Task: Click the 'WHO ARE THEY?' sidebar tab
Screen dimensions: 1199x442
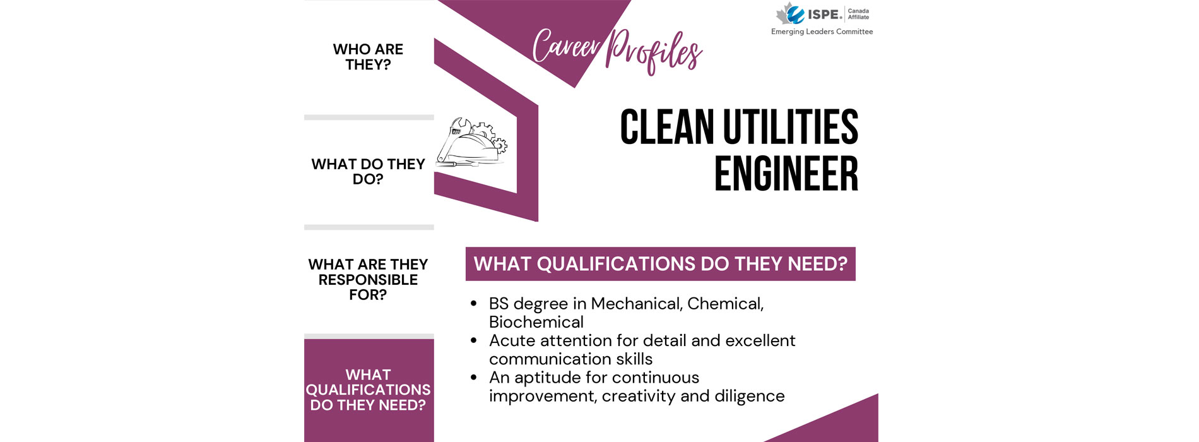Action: tap(368, 57)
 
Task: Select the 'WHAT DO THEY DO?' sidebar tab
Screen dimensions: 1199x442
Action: tap(368, 172)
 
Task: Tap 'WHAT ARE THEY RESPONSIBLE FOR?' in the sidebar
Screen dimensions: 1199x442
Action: tap(368, 280)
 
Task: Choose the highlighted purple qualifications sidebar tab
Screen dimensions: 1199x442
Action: tap(369, 390)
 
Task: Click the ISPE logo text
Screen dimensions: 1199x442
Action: tap(825, 15)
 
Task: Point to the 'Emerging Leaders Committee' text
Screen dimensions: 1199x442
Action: tap(822, 32)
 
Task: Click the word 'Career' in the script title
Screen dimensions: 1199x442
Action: tap(566, 46)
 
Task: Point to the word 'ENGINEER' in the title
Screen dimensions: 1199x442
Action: tap(786, 174)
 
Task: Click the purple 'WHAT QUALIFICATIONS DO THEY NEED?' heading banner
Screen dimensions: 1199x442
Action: tap(660, 264)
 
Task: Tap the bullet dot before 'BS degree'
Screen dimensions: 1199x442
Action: tap(473, 304)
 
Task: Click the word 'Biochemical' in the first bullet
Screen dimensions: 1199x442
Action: tap(536, 322)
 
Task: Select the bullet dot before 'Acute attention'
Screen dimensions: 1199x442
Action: tap(473, 341)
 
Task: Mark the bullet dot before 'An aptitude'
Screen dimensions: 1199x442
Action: tap(473, 378)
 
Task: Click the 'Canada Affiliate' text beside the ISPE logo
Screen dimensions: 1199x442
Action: tap(858, 14)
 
